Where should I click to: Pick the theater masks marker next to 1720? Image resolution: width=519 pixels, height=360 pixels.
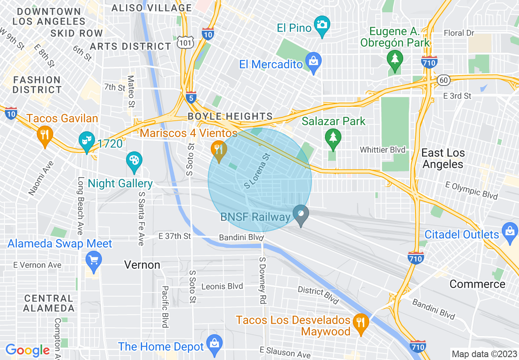pyautogui.click(x=86, y=140)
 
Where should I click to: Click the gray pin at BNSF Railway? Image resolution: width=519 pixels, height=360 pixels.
pyautogui.click(x=301, y=214)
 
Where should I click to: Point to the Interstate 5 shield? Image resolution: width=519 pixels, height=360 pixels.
pyautogui.click(x=190, y=97)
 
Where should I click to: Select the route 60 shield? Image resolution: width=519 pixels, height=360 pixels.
pyautogui.click(x=444, y=80)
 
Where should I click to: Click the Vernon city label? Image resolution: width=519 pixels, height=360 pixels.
pyautogui.click(x=142, y=265)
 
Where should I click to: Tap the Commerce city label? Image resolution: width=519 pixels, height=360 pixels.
pyautogui.click(x=477, y=284)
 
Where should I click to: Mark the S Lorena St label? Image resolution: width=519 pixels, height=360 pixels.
pyautogui.click(x=257, y=171)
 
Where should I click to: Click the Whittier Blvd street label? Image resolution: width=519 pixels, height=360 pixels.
pyautogui.click(x=382, y=150)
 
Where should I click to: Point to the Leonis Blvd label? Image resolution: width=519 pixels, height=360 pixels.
pyautogui.click(x=222, y=286)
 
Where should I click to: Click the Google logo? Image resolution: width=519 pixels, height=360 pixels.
pyautogui.click(x=28, y=350)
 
